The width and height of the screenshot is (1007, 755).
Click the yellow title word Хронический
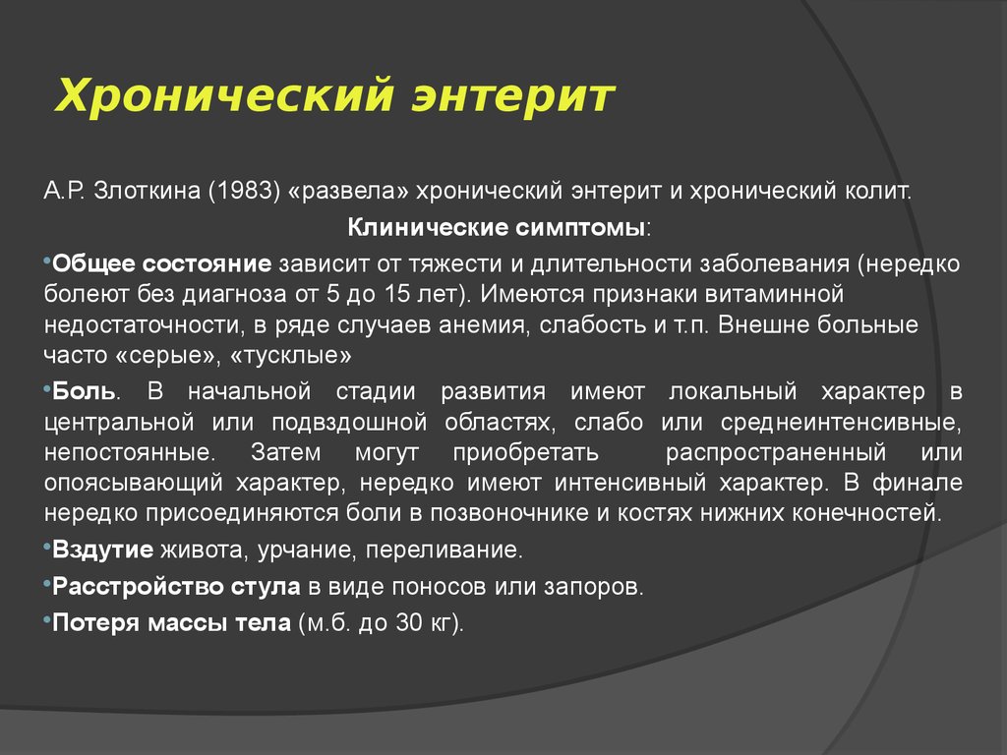pyautogui.click(x=224, y=96)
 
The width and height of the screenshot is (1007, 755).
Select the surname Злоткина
pyautogui.click(x=148, y=192)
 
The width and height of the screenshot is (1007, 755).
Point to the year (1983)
pyautogui.click(x=245, y=192)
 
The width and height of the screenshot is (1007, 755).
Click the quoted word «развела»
pyautogui.click(x=349, y=192)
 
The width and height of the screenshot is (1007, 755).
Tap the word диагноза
pyautogui.click(x=234, y=295)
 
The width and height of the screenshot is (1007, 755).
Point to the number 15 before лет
pyautogui.click(x=398, y=294)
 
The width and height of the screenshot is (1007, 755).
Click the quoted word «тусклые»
pyautogui.click(x=290, y=355)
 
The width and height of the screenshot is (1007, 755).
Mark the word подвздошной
pyautogui.click(x=349, y=423)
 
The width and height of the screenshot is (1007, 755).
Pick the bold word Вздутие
pyautogui.click(x=102, y=551)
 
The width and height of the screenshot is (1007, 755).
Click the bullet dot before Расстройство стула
pyautogui.click(x=47, y=582)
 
